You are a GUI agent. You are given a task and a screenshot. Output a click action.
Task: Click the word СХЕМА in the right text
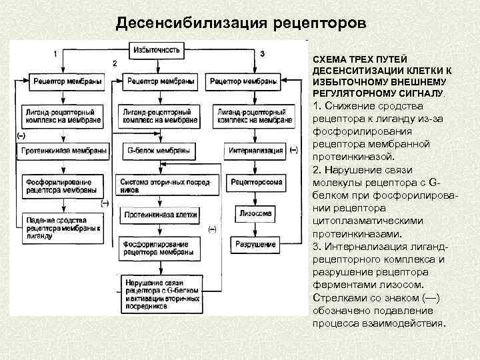pos(328,60)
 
